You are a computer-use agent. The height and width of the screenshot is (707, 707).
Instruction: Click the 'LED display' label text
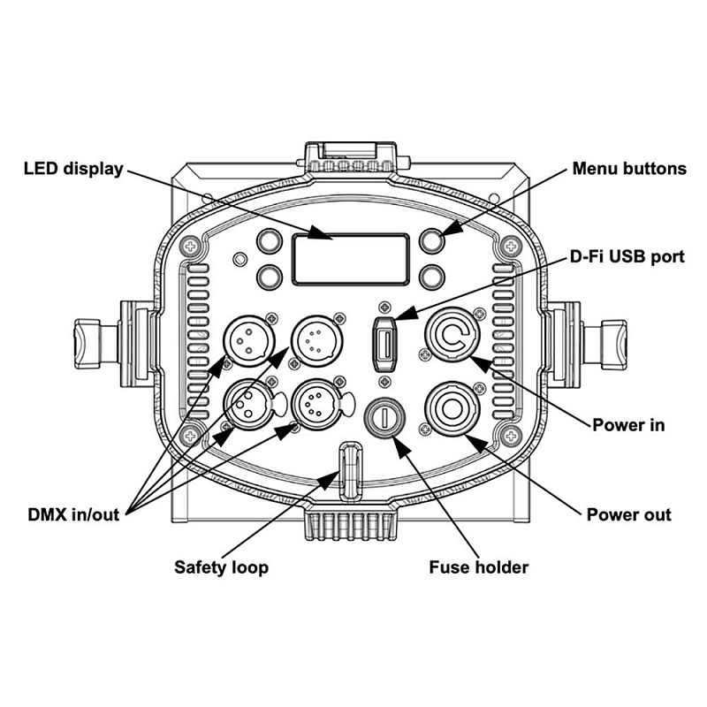[73, 168]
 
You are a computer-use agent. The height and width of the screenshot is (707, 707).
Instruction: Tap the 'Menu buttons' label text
[629, 168]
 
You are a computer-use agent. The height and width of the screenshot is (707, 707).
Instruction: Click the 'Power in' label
[628, 424]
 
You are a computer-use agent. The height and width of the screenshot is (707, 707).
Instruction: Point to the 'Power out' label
[628, 514]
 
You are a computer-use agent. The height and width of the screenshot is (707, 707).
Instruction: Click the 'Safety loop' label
[221, 566]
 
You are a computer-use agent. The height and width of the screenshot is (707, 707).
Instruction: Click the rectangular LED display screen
[351, 260]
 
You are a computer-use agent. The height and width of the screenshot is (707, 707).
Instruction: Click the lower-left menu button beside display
[270, 277]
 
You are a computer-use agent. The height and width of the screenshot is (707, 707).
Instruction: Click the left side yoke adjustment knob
[87, 338]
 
